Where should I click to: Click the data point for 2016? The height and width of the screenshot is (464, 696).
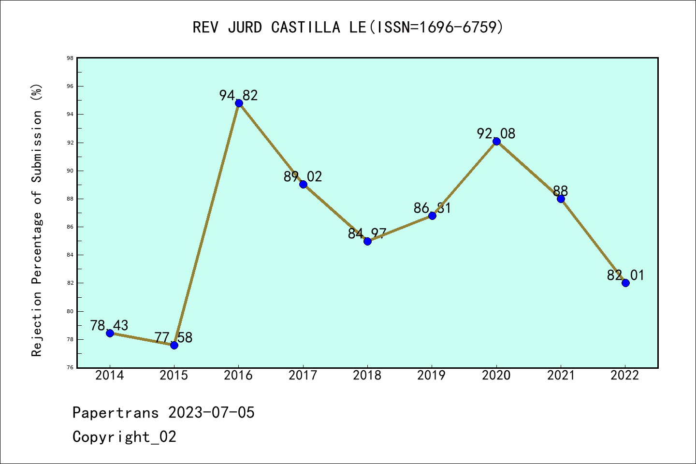239,103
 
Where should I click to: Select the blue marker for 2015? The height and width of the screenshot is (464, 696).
174,345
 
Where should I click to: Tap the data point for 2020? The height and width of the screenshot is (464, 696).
496,141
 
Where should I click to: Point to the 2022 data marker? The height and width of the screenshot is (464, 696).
625,283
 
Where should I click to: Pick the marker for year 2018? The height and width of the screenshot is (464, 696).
367,241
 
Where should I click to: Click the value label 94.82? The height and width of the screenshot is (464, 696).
239,95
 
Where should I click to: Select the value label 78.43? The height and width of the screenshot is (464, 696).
109,325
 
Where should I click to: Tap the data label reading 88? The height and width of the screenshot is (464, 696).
561,191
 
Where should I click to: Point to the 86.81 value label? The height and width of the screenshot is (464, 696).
432,208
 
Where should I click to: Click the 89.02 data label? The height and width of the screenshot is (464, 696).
303,176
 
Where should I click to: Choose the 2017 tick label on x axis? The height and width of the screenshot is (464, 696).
303,376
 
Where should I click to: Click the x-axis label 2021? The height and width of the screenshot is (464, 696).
561,376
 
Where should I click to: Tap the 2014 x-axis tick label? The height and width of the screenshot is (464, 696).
110,376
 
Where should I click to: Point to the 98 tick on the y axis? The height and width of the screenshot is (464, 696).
70,58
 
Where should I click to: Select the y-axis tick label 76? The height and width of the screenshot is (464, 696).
70,367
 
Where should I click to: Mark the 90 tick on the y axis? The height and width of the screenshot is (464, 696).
70,171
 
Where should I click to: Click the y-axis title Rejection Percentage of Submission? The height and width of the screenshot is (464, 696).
37,220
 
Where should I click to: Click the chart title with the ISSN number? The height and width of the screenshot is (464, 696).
348,27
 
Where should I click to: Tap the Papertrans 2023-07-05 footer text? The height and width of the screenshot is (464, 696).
163,412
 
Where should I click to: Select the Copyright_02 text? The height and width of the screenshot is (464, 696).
124,436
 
